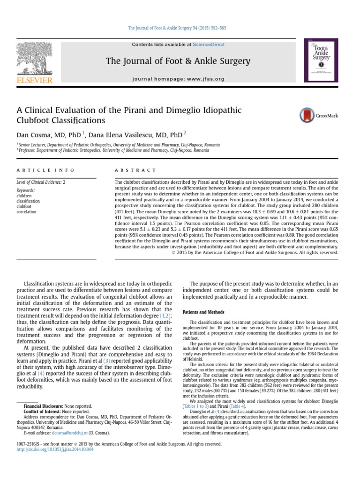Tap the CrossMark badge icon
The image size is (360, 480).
tap(307, 115)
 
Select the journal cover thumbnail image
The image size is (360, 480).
tap(322, 61)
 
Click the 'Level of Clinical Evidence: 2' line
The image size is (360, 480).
tap(41, 182)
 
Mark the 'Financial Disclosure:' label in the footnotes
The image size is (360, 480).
tap(43, 406)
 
